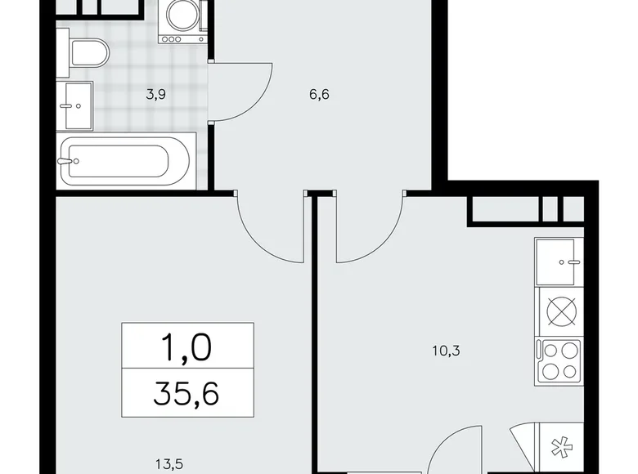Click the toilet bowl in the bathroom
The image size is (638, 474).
click(x=89, y=54)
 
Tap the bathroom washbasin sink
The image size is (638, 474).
click(x=78, y=105)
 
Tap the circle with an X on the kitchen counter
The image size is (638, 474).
click(x=559, y=312)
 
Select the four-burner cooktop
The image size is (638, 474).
click(x=559, y=360)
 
